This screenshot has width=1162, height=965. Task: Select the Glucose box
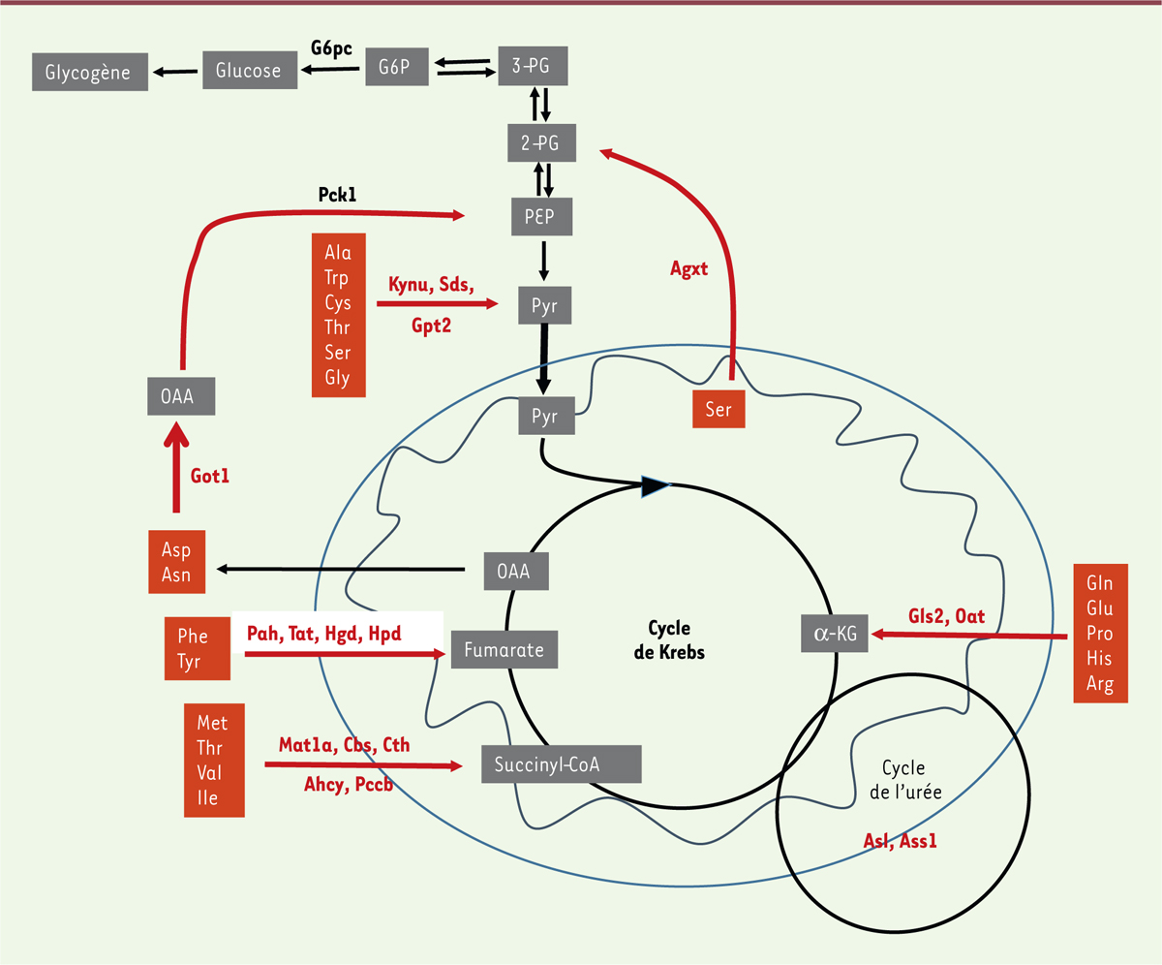pos(249,71)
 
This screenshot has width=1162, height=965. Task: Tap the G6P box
pos(397,66)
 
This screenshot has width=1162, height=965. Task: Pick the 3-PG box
pos(532,66)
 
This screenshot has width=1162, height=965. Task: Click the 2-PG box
pos(541,143)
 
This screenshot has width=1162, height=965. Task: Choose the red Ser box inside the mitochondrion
pos(719,410)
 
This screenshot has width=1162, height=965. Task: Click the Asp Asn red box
pos(176,563)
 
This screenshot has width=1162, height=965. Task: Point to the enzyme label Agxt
pos(688,270)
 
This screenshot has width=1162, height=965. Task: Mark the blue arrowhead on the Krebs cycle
pos(656,486)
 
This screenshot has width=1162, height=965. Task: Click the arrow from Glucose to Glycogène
pos(174,71)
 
